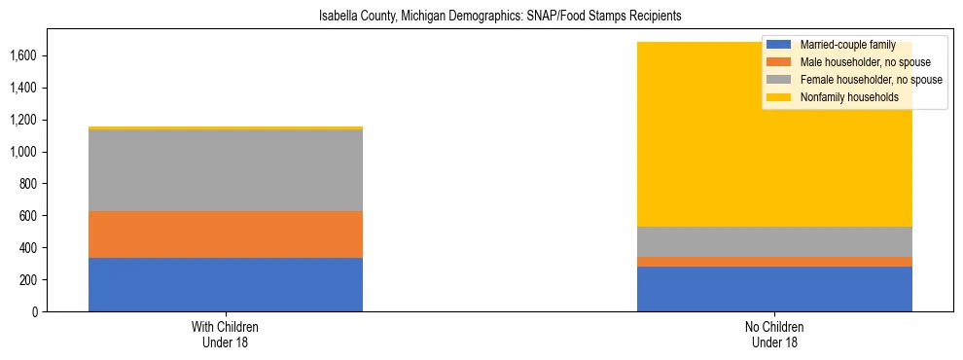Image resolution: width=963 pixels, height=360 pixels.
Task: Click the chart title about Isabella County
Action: [500, 16]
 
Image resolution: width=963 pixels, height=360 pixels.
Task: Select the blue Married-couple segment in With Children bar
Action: [226, 284]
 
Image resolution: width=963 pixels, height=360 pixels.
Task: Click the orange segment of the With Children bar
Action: [226, 234]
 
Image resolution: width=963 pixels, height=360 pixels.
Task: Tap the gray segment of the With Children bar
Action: [226, 170]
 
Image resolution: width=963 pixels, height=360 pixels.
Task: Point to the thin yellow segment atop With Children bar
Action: [226, 127]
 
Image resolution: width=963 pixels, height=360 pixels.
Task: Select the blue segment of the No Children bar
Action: [774, 289]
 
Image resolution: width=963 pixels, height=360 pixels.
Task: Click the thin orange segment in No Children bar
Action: [774, 262]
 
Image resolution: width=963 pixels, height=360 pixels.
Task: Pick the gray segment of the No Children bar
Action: [774, 241]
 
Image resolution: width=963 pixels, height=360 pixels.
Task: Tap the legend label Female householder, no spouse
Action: [870, 80]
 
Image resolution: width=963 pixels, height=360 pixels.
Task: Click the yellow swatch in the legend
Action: [779, 97]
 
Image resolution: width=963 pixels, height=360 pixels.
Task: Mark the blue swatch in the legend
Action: [779, 45]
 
